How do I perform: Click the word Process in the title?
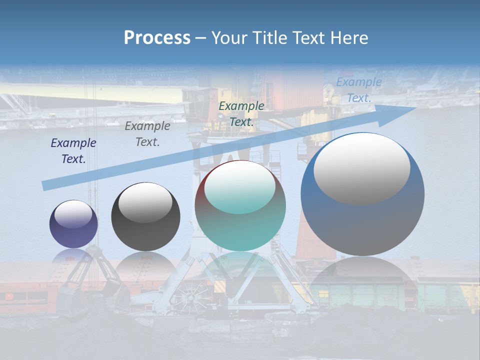157,37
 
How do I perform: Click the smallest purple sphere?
73,224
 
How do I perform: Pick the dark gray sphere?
145,217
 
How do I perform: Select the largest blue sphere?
362,195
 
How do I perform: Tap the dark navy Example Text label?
73,151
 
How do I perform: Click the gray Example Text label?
147,134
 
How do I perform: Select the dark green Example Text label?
241,113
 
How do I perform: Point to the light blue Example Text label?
359,90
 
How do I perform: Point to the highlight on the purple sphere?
73,214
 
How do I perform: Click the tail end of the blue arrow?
45,186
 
